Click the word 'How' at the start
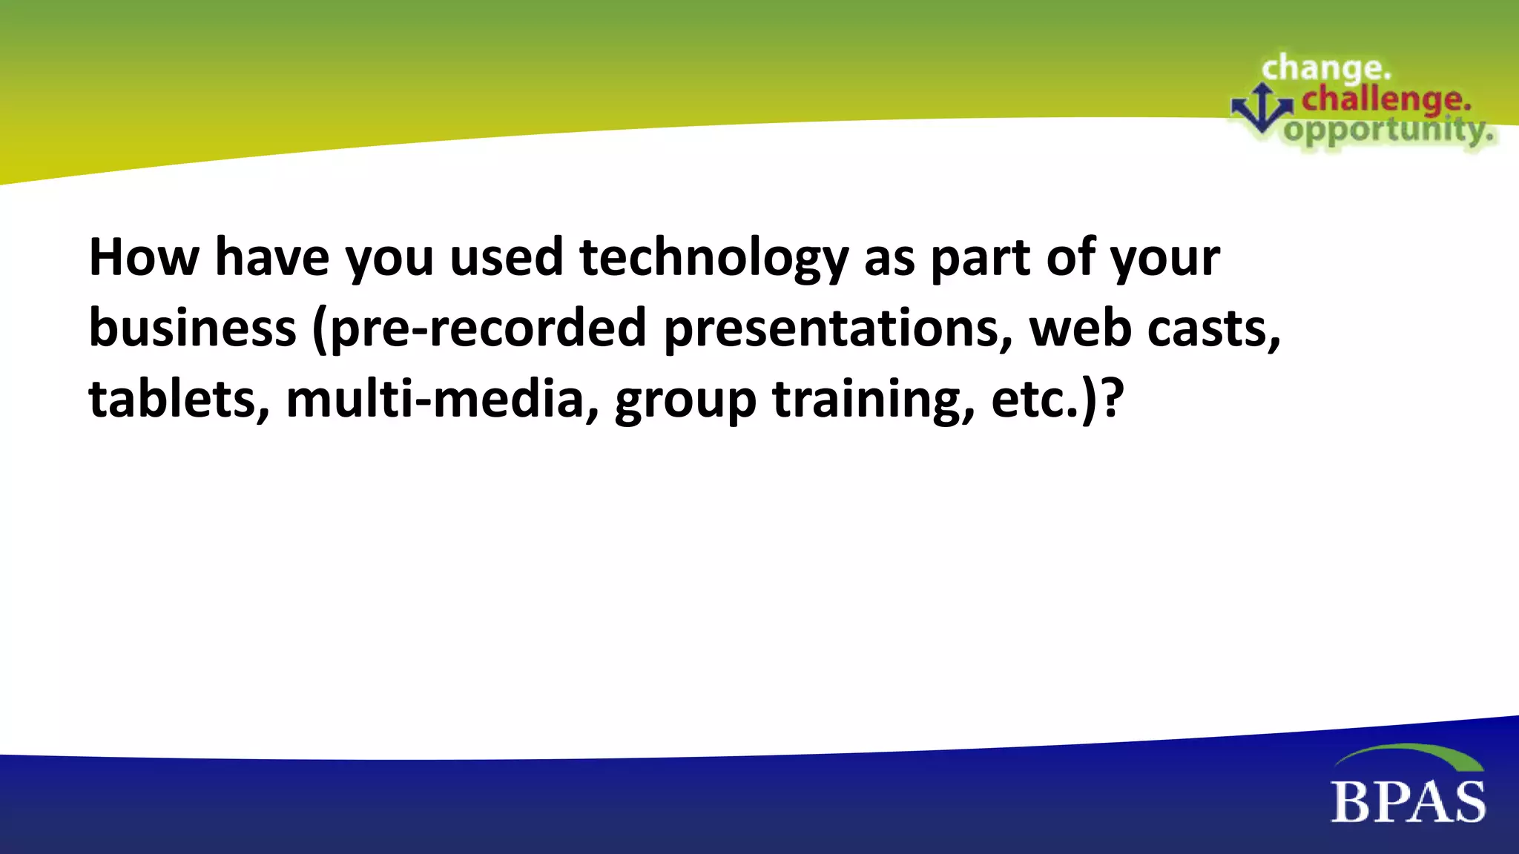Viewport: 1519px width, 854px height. pyautogui.click(x=144, y=257)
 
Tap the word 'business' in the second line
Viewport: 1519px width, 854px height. pyautogui.click(x=192, y=328)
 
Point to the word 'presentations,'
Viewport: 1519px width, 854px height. pyautogui.click(x=837, y=328)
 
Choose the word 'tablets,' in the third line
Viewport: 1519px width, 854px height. pyautogui.click(x=179, y=400)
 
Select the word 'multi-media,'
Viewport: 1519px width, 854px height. pyautogui.click(x=442, y=400)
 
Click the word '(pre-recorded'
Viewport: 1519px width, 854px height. pyautogui.click(x=479, y=328)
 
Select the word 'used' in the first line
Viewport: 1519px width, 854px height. pyautogui.click(x=507, y=257)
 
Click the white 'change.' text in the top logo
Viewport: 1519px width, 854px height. pyautogui.click(x=1325, y=69)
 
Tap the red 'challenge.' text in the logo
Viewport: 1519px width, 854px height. pyautogui.click(x=1385, y=99)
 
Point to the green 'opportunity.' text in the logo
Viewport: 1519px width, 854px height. pyautogui.click(x=1388, y=131)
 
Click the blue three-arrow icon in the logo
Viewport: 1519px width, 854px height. pyautogui.click(x=1262, y=108)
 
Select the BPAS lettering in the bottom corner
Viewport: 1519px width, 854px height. pyautogui.click(x=1408, y=802)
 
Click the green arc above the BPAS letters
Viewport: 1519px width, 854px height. pyautogui.click(x=1409, y=755)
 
